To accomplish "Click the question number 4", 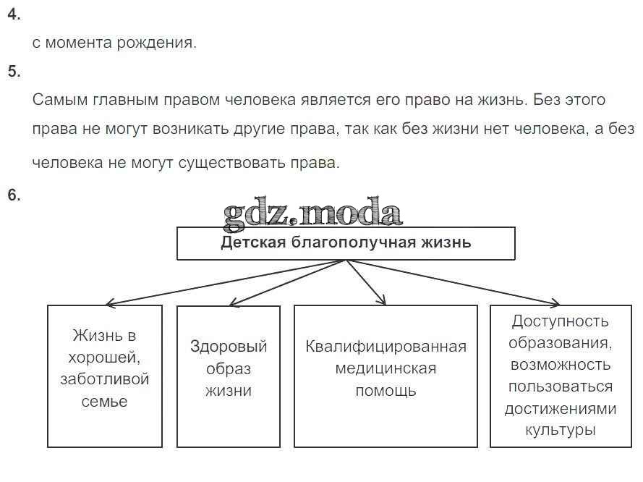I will (14, 14).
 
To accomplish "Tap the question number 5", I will (14, 71).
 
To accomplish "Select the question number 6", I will (14, 195).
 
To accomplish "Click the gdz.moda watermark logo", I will (312, 213).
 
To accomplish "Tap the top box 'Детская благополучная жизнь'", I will (346, 243).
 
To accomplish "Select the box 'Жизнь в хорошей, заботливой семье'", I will (105, 376).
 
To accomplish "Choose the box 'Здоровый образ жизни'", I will (229, 376).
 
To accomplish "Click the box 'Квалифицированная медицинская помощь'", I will (386, 376).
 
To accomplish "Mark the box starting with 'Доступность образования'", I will (561, 376).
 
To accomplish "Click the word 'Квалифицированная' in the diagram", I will (386, 346).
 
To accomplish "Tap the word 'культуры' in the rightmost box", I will (561, 430).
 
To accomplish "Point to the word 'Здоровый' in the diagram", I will (229, 346).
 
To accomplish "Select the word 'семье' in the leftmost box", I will (105, 402).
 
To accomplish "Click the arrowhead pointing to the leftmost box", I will (110, 303).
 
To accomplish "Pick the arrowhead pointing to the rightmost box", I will (555, 303).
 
